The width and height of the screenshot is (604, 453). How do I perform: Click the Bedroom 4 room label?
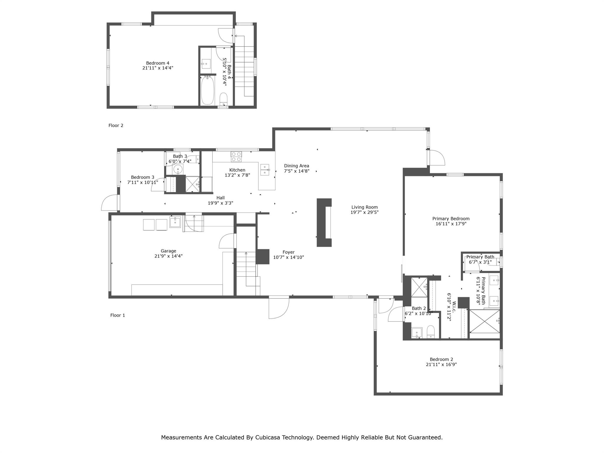(x=157, y=63)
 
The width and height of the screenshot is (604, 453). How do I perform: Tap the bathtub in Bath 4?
(x=207, y=90)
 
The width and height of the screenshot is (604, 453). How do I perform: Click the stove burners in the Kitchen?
(x=236, y=156)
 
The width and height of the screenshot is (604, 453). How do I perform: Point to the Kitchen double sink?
(x=265, y=170)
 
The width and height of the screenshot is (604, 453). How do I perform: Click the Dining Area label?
(x=296, y=166)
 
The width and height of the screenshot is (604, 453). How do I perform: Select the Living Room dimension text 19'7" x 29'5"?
(x=365, y=212)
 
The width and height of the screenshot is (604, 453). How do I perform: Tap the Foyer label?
(x=288, y=252)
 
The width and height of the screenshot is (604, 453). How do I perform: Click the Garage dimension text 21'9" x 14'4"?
(x=168, y=256)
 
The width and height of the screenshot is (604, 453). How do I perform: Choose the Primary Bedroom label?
(x=451, y=219)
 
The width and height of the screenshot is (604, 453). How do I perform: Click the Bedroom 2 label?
(x=441, y=359)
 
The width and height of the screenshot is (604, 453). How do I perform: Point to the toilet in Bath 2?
(x=431, y=332)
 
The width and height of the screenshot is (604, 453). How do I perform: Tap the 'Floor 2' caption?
(x=116, y=125)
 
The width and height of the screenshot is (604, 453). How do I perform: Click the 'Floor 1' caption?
(x=118, y=315)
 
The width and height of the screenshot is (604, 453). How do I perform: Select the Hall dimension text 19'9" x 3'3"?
(x=221, y=203)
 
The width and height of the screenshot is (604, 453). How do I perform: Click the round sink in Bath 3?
(x=178, y=169)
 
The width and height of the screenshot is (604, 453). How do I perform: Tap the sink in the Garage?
(x=175, y=222)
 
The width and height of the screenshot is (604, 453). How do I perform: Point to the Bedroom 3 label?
(x=142, y=177)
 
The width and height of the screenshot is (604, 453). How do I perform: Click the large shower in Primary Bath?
(x=485, y=321)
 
